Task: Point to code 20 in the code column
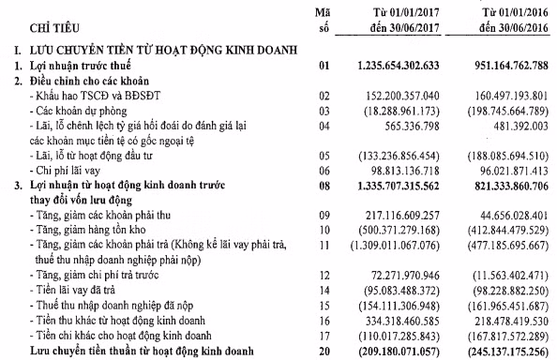tap(324, 351)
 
